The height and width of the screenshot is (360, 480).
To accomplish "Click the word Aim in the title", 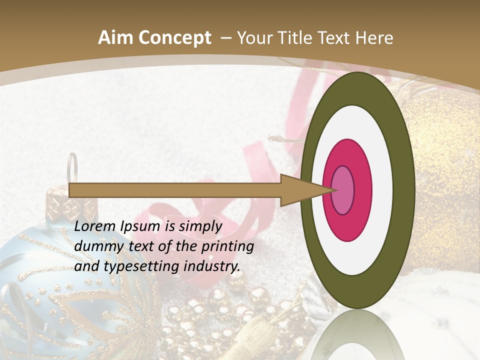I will [113, 38].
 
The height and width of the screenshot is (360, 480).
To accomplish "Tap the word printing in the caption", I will [227, 246].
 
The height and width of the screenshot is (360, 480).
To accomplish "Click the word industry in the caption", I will [212, 266].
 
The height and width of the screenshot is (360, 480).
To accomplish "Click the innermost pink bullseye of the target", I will [342, 190].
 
